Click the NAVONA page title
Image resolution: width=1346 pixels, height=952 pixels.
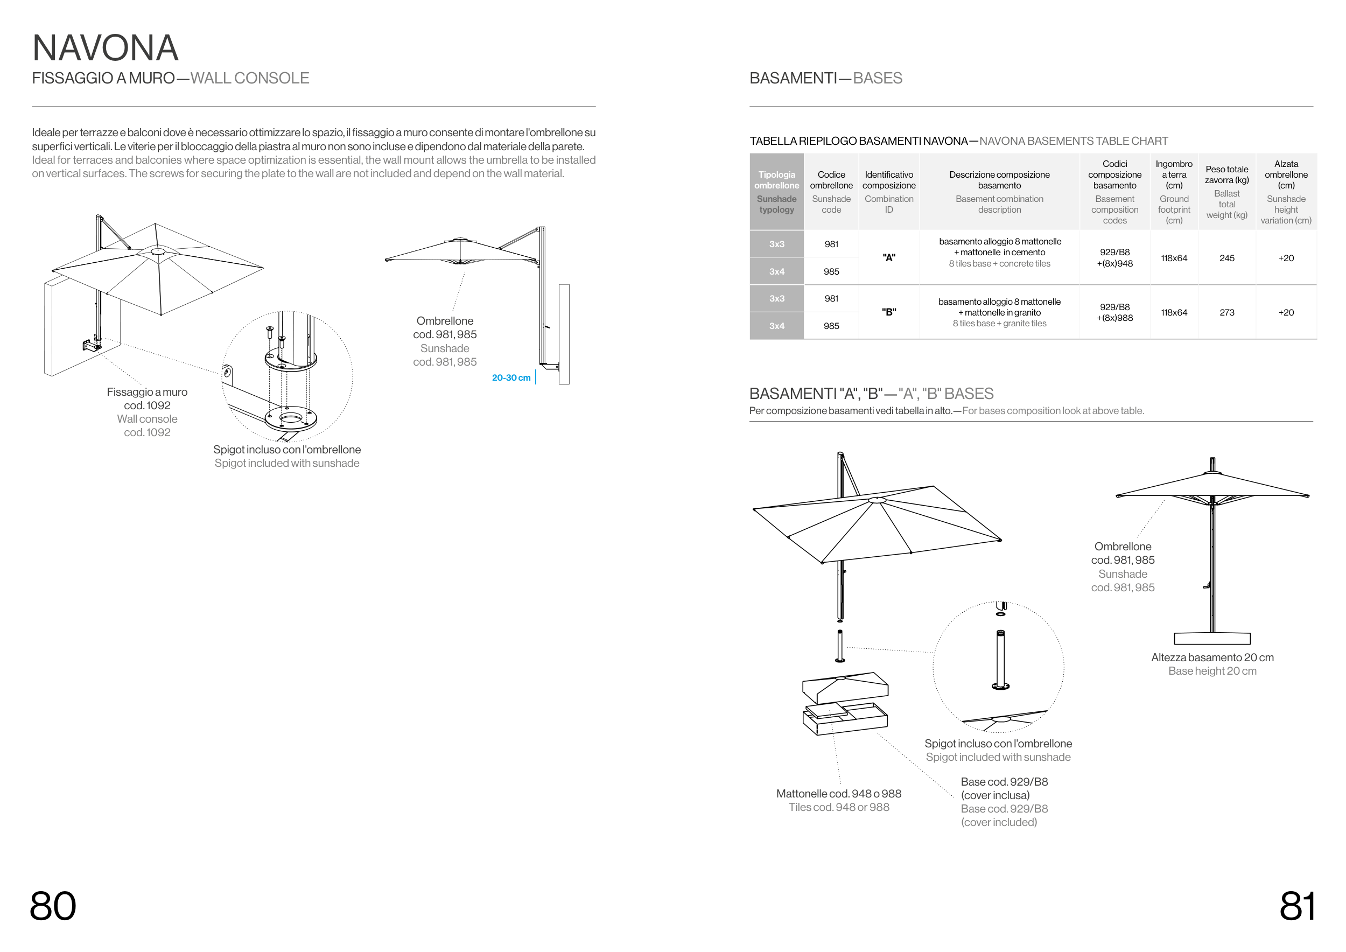(106, 48)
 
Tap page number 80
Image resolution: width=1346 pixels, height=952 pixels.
(53, 906)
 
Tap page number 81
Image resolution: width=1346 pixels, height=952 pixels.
(1297, 906)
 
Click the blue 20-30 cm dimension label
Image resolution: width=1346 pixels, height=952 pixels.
(511, 377)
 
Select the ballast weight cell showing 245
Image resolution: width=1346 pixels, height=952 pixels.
(1226, 258)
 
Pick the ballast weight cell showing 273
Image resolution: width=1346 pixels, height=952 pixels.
(1226, 312)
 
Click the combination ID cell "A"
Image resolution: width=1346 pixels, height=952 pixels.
(889, 257)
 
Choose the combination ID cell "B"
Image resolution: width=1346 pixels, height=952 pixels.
(889, 312)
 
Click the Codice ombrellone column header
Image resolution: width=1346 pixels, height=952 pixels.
(831, 192)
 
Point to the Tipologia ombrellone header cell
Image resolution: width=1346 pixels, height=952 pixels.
(776, 192)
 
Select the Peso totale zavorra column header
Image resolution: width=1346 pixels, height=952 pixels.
(1226, 192)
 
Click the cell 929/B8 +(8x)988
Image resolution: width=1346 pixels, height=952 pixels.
(1114, 312)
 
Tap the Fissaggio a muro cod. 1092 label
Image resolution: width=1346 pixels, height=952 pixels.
(147, 398)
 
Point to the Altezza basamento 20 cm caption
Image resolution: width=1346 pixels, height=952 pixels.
(1212, 657)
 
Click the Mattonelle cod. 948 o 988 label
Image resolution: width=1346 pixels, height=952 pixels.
(838, 794)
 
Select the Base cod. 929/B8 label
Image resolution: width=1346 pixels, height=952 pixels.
(1004, 782)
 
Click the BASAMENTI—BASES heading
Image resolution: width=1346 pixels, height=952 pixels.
(825, 78)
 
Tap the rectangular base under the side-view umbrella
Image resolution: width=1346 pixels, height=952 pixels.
(1212, 639)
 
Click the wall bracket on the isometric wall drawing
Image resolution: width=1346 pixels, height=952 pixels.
(92, 345)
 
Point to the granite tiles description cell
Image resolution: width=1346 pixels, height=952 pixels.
(999, 312)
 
